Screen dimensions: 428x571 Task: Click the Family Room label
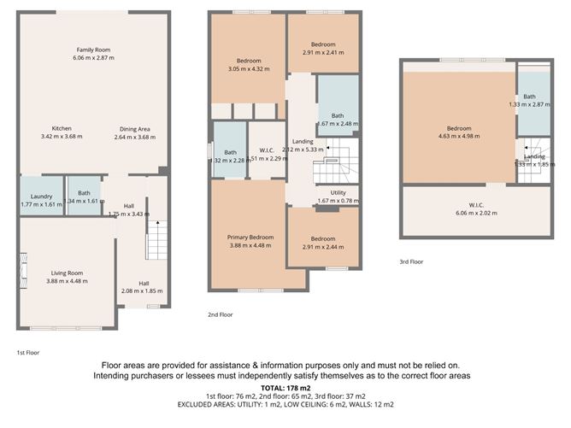(92, 50)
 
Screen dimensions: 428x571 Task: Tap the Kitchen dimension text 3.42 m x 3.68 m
(67, 137)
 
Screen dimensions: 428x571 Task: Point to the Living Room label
(67, 273)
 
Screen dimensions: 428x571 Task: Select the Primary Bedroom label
(250, 237)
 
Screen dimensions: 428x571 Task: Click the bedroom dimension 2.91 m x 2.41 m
(322, 52)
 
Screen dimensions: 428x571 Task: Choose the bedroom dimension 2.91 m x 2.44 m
(322, 246)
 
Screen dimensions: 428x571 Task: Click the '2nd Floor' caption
(220, 314)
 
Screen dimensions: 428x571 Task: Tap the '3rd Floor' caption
(411, 262)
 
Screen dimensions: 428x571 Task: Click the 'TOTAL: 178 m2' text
(285, 387)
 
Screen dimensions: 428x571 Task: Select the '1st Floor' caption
(28, 351)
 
